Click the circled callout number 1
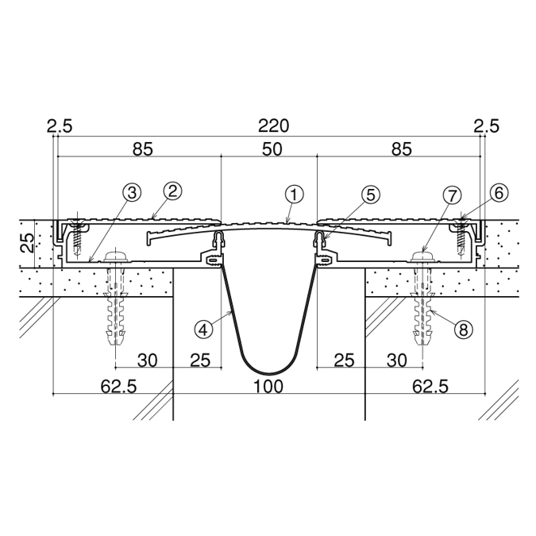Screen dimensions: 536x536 click(x=295, y=195)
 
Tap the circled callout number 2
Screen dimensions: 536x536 click(x=172, y=191)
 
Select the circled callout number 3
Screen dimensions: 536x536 click(x=132, y=192)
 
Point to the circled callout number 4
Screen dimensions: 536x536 click(x=203, y=330)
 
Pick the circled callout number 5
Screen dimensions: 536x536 click(x=371, y=195)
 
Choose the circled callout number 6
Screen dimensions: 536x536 click(x=499, y=193)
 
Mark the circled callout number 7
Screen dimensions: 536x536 click(x=452, y=196)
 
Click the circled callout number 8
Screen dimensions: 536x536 click(x=463, y=330)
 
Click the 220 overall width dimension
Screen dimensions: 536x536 click(x=273, y=125)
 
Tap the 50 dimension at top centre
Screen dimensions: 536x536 click(x=272, y=149)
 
